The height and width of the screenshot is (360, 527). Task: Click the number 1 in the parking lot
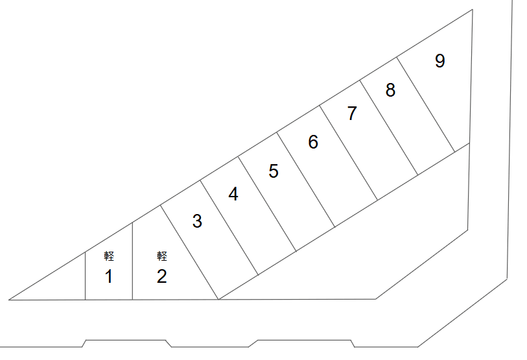(x=109, y=277)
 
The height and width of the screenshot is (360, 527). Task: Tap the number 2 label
(x=162, y=277)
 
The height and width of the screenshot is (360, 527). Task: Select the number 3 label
(x=198, y=221)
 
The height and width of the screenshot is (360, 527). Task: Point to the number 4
(x=233, y=194)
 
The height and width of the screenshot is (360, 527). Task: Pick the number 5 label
(x=274, y=171)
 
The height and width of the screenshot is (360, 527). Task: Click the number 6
(x=313, y=142)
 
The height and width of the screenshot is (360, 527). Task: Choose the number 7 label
(x=352, y=114)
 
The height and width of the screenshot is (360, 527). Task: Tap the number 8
(x=390, y=90)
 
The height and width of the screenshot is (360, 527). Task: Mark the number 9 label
(x=440, y=61)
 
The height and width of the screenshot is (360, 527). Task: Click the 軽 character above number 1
(x=109, y=256)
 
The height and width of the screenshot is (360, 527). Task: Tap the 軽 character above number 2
(x=162, y=256)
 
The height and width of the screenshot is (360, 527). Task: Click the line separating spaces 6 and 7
(x=348, y=153)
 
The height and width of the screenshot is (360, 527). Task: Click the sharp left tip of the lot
(x=10, y=300)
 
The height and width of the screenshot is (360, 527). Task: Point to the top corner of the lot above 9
(x=472, y=10)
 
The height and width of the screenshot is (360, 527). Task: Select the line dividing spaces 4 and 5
(x=267, y=202)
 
